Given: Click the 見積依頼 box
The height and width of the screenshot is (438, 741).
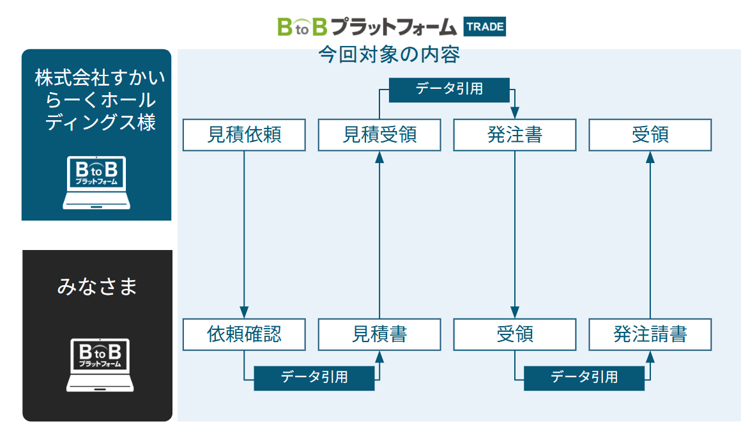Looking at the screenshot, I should coord(244,135).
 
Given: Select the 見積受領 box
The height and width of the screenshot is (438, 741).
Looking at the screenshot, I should coord(379,135).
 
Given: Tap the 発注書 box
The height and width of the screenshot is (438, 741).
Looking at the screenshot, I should coord(515,135).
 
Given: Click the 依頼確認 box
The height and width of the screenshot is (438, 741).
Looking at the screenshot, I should coord(244,334).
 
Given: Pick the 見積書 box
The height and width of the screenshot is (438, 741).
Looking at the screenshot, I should coord(379,334).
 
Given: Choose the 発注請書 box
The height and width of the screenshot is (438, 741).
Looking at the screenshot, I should coord(650,334).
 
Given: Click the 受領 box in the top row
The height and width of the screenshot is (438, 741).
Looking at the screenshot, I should coord(650,135).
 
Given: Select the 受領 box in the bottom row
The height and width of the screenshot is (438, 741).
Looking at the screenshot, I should coord(515,334).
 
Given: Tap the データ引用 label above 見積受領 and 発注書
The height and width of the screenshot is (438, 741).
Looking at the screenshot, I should coord(449,90).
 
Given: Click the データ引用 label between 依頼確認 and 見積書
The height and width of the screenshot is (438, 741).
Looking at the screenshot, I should coord(314,378).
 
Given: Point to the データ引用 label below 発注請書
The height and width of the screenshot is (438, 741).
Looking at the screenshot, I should coord(584,378).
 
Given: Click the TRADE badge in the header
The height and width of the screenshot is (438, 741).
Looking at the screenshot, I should coord(485,27).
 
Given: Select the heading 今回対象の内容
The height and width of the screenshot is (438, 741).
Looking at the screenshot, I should coord(389,55).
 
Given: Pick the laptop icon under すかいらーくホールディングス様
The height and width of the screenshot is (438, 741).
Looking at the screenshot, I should coord(97,183).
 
